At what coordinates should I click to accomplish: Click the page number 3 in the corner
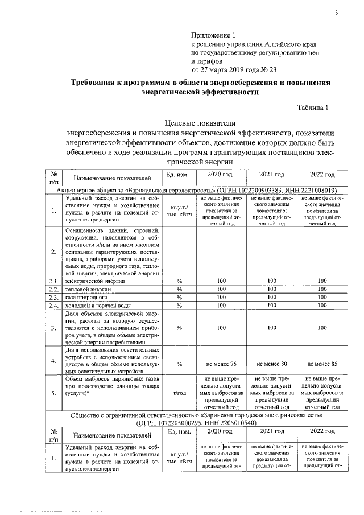(336, 13)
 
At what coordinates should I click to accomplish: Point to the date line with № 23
(234, 69)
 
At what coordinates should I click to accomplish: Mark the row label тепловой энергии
(88, 289)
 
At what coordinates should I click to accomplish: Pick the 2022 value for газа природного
(322, 297)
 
